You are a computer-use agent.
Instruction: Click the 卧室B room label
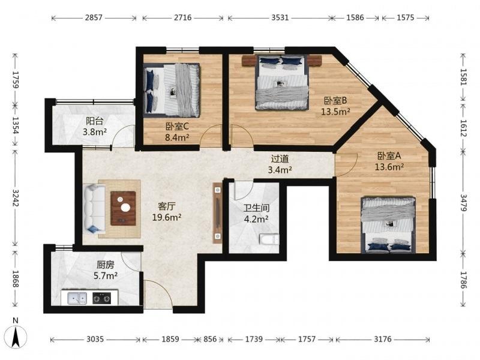tap(335, 100)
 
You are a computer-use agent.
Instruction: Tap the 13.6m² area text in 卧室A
tap(389, 167)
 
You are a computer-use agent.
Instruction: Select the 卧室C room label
tap(177, 126)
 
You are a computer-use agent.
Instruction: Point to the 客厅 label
tap(167, 206)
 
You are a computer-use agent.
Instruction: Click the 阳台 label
tap(94, 121)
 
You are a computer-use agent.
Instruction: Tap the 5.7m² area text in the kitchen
tap(106, 276)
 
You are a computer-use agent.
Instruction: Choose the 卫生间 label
tap(257, 208)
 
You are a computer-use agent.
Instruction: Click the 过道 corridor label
tap(280, 158)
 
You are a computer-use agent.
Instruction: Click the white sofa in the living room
tap(94, 209)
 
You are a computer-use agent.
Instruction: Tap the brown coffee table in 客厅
tap(123, 208)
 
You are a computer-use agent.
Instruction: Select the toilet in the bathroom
tap(269, 239)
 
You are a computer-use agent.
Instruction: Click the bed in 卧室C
tap(172, 90)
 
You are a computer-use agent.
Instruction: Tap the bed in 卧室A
tap(388, 226)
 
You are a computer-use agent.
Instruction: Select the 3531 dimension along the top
tap(280, 18)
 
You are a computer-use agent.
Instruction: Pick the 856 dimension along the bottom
tap(210, 339)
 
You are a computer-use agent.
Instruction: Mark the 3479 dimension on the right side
tap(463, 203)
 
